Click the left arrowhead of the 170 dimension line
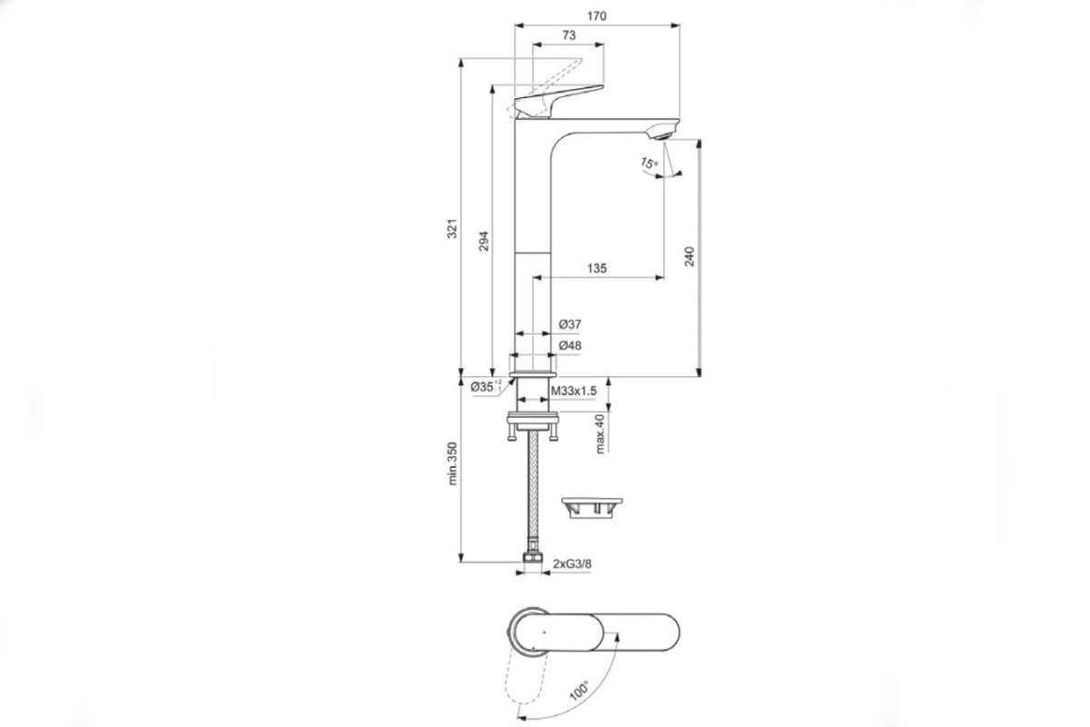pyautogui.click(x=519, y=25)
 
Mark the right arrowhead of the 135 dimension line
pyautogui.click(x=660, y=277)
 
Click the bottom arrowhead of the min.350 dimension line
pyautogui.click(x=461, y=558)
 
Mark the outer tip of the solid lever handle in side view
pyautogui.click(x=603, y=86)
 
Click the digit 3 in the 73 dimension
pyautogui.click(x=572, y=35)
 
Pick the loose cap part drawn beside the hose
pyautogui.click(x=591, y=508)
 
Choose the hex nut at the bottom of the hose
pyautogui.click(x=533, y=557)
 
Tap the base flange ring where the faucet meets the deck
pyautogui.click(x=533, y=374)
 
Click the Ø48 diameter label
pyautogui.click(x=570, y=345)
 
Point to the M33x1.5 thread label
pyautogui.click(x=574, y=391)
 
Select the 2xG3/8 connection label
pyautogui.click(x=572, y=563)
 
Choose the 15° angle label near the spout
pyautogui.click(x=649, y=164)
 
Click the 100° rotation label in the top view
pyautogui.click(x=579, y=691)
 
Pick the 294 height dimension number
pyautogui.click(x=483, y=241)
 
